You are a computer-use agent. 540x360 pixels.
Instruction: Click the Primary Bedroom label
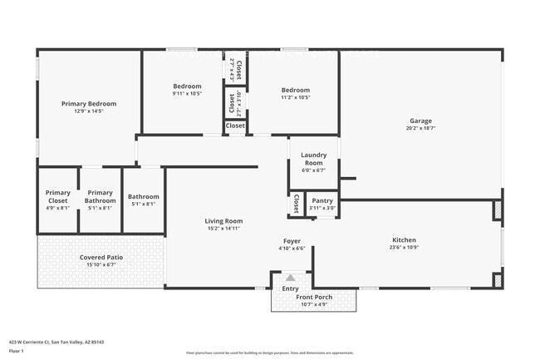click(89, 104)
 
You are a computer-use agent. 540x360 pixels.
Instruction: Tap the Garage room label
click(420, 121)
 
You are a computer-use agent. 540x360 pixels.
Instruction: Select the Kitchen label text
click(404, 240)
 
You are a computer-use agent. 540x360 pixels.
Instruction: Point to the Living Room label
click(223, 220)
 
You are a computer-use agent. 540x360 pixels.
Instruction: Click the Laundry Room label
click(314, 158)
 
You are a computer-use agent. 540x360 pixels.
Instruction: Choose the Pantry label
click(322, 200)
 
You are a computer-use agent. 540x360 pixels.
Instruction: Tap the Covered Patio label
click(101, 258)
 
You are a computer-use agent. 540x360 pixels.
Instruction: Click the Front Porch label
click(314, 297)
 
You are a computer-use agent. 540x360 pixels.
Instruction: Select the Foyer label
click(292, 241)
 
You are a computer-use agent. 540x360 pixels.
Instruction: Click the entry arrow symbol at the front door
click(292, 279)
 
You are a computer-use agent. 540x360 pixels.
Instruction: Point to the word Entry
click(290, 288)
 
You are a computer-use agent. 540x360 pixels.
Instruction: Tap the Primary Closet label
click(58, 196)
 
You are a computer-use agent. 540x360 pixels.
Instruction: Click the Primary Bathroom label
click(100, 196)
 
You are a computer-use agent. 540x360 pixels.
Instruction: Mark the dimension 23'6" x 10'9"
click(404, 248)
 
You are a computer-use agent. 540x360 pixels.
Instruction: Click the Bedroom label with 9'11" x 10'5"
click(187, 86)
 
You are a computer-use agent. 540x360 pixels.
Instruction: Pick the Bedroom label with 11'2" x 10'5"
click(295, 90)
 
